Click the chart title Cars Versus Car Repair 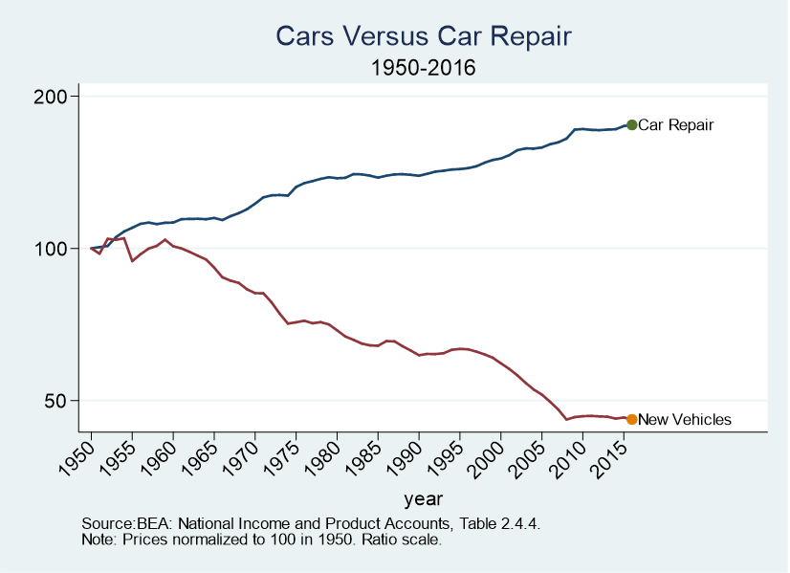point(423,36)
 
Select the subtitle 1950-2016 point(423,69)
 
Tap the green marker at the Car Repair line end point(631,124)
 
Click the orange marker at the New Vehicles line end point(631,419)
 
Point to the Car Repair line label point(676,124)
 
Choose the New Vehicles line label point(684,419)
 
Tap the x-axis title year point(422,498)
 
